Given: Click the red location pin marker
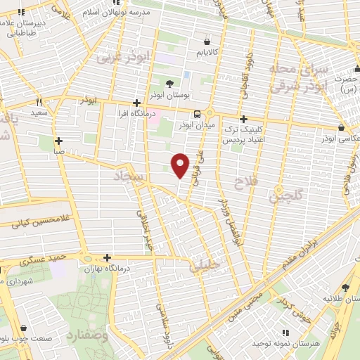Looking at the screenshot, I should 181,164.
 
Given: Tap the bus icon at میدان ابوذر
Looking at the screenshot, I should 198,114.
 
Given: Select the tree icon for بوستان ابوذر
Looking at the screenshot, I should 169,84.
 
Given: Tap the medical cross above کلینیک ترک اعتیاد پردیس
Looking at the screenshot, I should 243,120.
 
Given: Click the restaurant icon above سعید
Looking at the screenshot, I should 38,102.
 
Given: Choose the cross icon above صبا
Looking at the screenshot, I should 58,141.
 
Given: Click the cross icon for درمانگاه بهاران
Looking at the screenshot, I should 107,257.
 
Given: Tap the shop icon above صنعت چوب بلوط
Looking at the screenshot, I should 25,328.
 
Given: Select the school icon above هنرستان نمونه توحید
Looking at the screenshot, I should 285,332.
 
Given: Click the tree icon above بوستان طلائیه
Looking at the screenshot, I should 345,288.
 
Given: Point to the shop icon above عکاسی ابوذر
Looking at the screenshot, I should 341,128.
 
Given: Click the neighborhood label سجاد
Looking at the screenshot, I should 131,178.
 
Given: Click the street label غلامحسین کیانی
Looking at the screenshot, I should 35,224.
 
